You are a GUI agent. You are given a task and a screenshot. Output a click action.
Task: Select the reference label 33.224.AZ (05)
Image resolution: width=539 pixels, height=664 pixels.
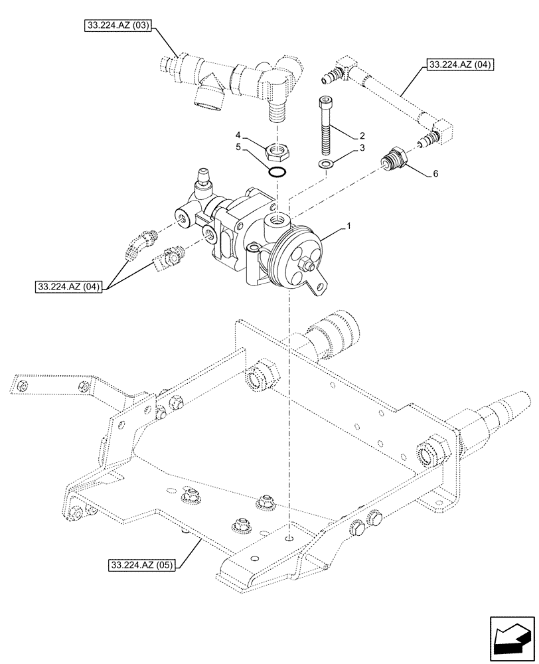coord(140,565)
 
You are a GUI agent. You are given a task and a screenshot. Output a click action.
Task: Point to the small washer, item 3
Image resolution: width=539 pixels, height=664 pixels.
coord(325,163)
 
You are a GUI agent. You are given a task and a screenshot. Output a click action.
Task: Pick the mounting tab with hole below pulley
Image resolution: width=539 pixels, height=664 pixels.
coord(323,287)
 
